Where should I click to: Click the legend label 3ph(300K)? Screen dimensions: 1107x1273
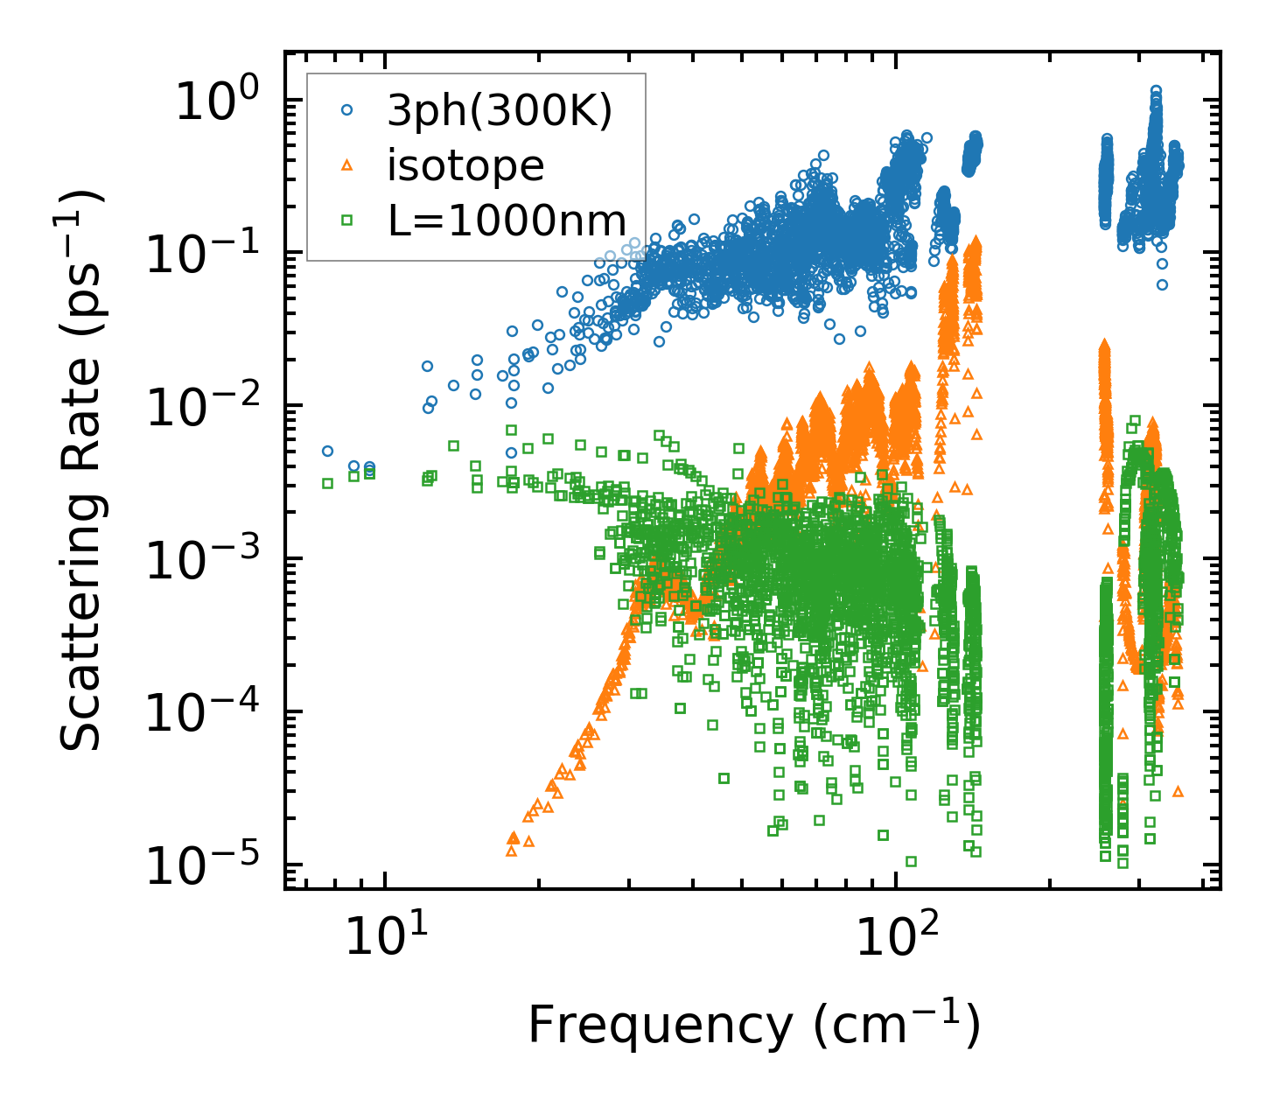coord(500,111)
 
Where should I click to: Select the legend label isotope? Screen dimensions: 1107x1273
coord(465,165)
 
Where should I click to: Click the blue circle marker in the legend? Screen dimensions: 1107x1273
coord(347,110)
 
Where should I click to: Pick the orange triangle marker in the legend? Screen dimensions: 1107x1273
coord(347,165)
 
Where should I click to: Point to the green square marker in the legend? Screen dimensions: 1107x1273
coord(347,220)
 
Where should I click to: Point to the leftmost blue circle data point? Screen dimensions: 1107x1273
coord(327,451)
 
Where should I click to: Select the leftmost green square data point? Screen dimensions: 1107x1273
coord(327,483)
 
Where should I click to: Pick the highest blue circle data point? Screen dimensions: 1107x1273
coord(1156,90)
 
